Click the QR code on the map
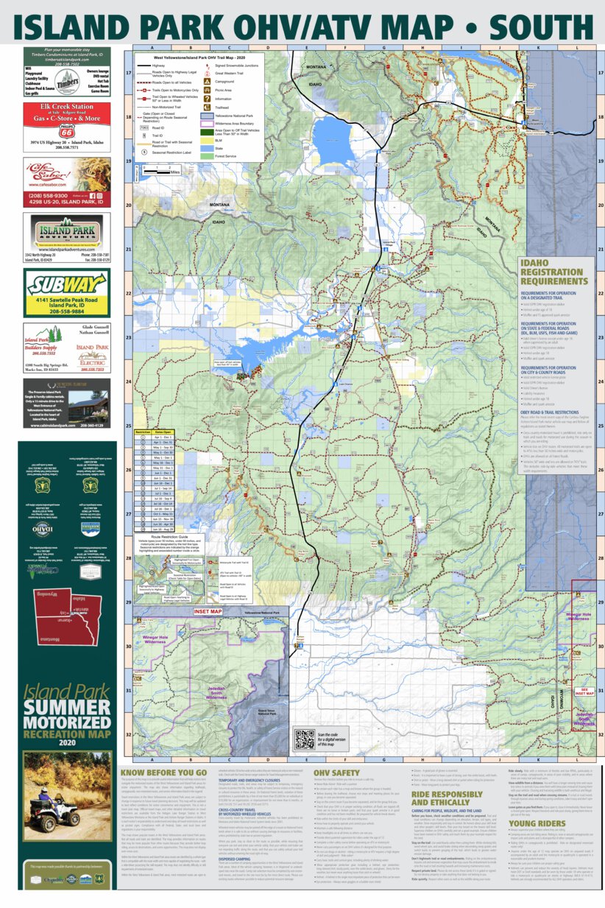[x=303, y=739]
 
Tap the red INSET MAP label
[x=207, y=610]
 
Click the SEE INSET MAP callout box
[x=582, y=691]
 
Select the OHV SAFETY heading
[x=342, y=772]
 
